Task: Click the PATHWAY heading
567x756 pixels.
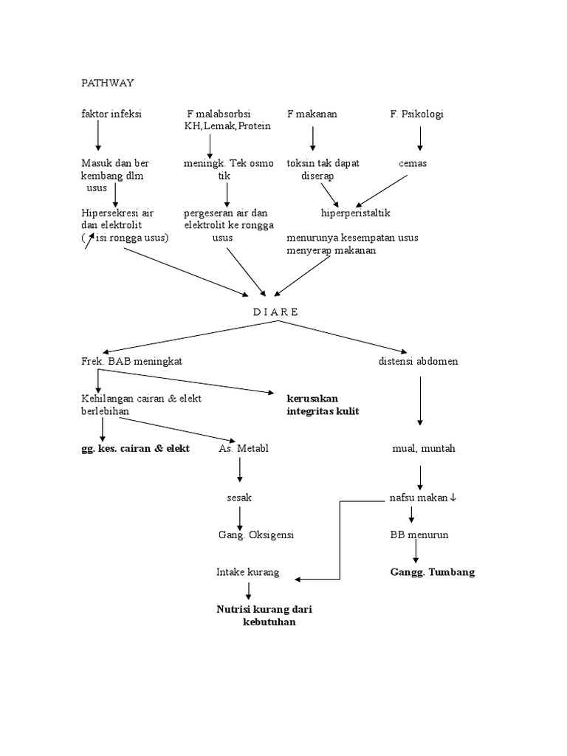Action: pyautogui.click(x=107, y=83)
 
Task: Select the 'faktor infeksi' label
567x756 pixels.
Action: pyautogui.click(x=111, y=114)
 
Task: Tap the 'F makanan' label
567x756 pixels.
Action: pyautogui.click(x=312, y=114)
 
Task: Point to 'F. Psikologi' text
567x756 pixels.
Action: pyautogui.click(x=417, y=114)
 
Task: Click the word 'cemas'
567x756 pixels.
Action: pyautogui.click(x=413, y=163)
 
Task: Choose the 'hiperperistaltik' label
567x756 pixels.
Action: pyautogui.click(x=355, y=213)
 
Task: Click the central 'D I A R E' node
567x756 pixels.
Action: pyautogui.click(x=275, y=312)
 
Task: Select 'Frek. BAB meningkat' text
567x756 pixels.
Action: pyautogui.click(x=131, y=361)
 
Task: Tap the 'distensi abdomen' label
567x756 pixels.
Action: pyautogui.click(x=418, y=361)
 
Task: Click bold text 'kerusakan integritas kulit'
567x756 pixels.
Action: pyautogui.click(x=323, y=405)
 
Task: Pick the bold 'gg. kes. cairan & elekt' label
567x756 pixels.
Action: pyautogui.click(x=136, y=448)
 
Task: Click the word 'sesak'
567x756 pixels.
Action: pyautogui.click(x=239, y=498)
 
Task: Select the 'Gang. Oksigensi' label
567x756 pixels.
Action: pyautogui.click(x=255, y=535)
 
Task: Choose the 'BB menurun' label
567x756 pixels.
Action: pyautogui.click(x=419, y=535)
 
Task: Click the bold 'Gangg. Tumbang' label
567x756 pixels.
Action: pyautogui.click(x=432, y=572)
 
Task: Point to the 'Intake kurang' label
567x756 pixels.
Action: pyautogui.click(x=247, y=572)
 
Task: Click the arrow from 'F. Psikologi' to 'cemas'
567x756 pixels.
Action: pyautogui.click(x=420, y=138)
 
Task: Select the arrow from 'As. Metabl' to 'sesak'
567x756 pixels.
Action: pyautogui.click(x=240, y=470)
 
